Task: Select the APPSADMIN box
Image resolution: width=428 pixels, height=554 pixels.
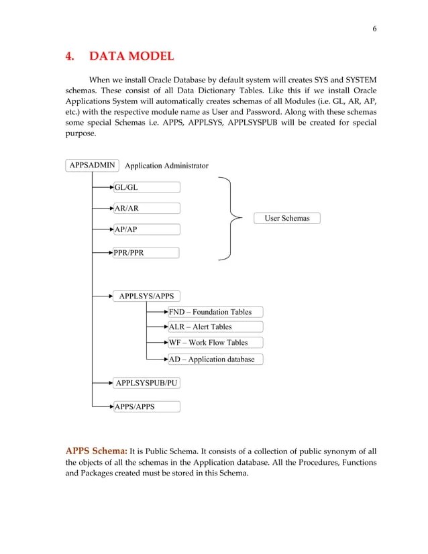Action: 93,165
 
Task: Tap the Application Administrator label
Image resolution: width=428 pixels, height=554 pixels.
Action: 166,166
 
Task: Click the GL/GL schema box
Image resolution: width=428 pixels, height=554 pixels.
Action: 146,188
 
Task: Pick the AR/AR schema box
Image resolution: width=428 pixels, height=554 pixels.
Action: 146,209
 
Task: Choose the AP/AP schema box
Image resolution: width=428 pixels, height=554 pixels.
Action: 146,229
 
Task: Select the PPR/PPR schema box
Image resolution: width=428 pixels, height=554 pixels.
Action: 146,253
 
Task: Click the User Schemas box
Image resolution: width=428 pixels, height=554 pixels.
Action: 286,218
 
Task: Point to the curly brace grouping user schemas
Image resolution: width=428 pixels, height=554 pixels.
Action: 231,218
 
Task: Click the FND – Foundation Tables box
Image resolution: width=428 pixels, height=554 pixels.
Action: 215,312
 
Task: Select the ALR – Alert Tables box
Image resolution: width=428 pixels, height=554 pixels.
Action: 215,327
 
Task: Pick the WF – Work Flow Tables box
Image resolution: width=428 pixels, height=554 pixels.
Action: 215,343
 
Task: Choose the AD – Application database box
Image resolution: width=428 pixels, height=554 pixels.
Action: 215,359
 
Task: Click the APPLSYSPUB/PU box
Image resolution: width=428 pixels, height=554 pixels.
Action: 146,383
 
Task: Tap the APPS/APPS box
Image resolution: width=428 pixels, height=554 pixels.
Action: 146,406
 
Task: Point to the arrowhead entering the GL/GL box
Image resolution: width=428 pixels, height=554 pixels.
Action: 111,188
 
